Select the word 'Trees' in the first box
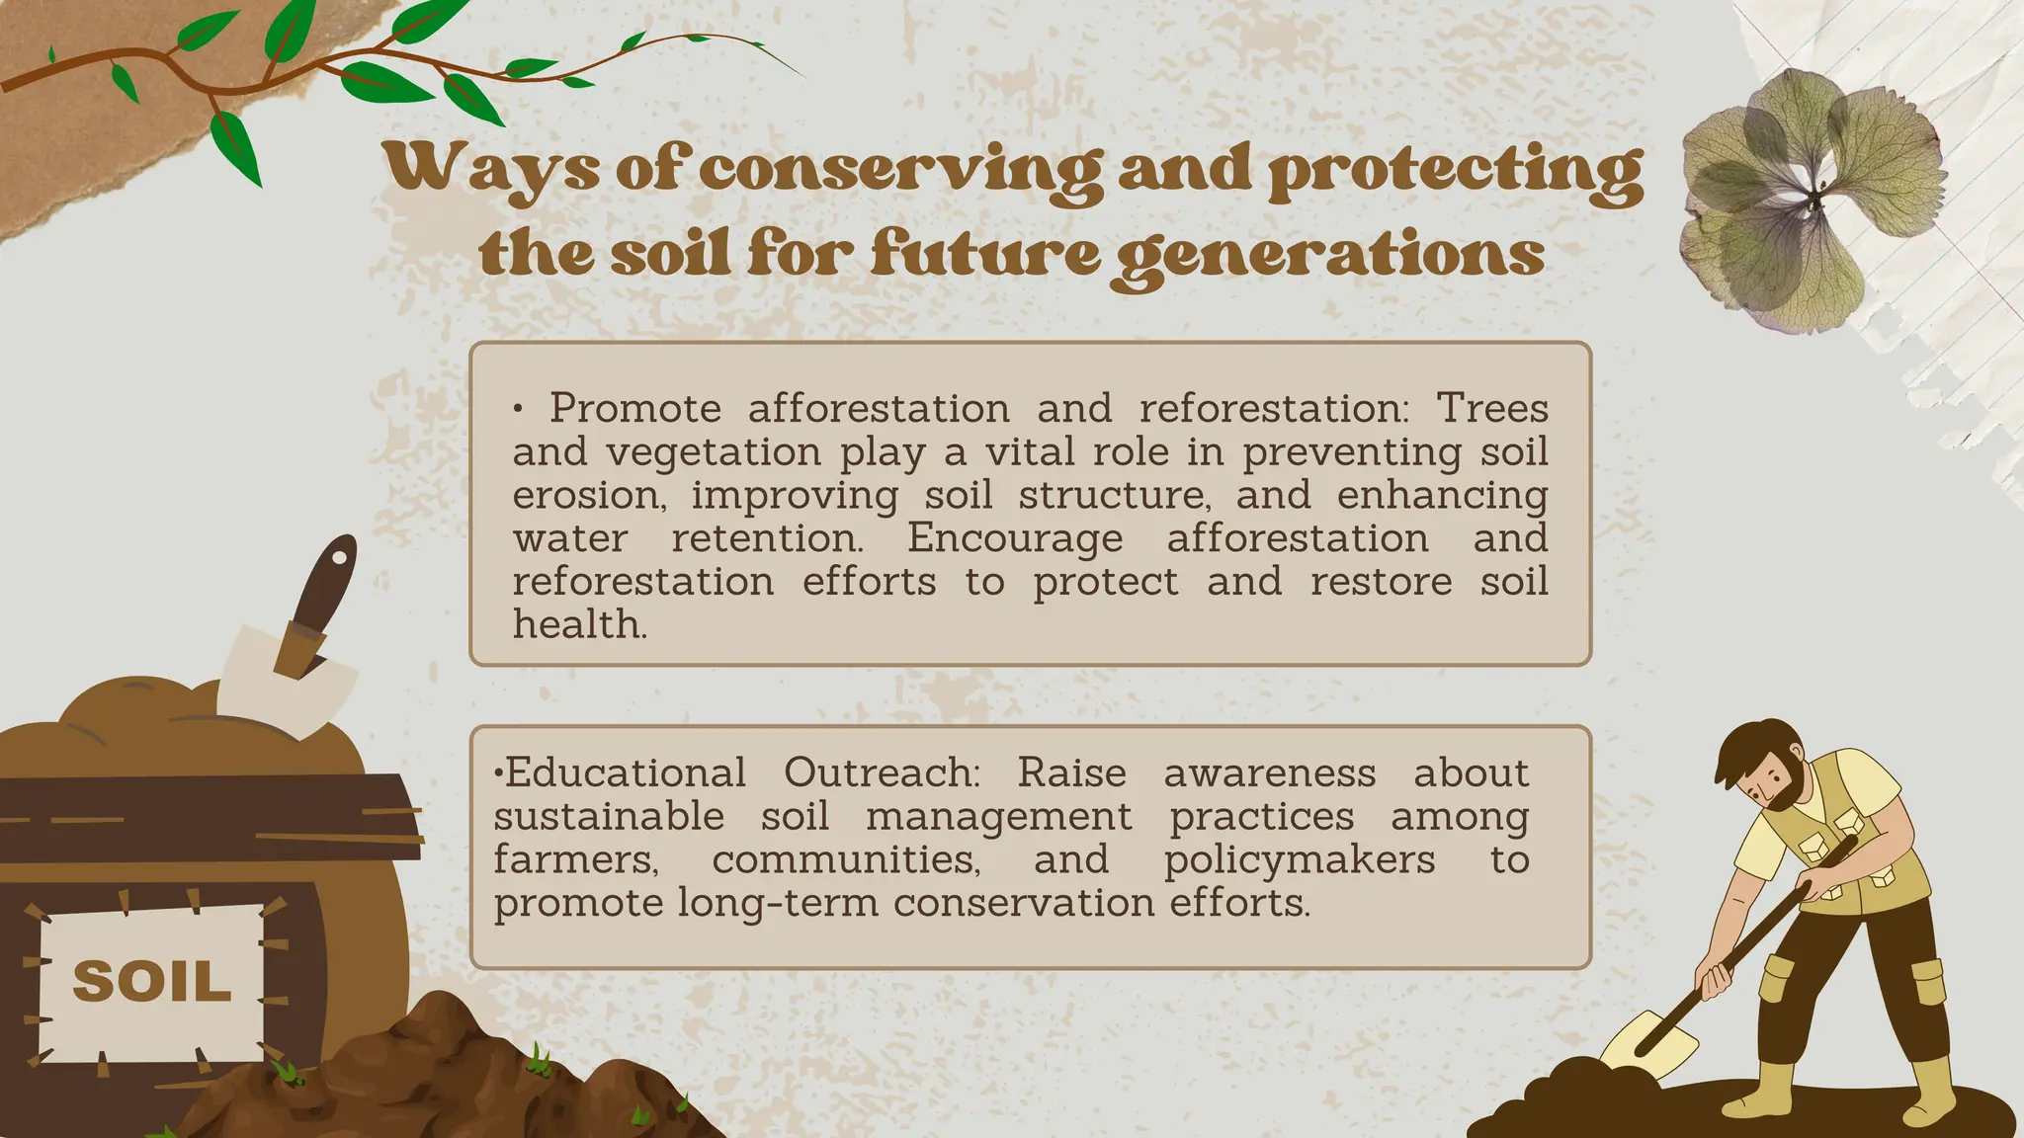[1491, 408]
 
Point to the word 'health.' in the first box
[580, 624]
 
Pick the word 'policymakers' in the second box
[1299, 859]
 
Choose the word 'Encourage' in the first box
[1015, 538]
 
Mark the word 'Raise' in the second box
[1071, 772]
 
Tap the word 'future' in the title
[984, 254]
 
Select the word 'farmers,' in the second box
[576, 859]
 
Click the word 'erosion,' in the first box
[590, 495]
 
